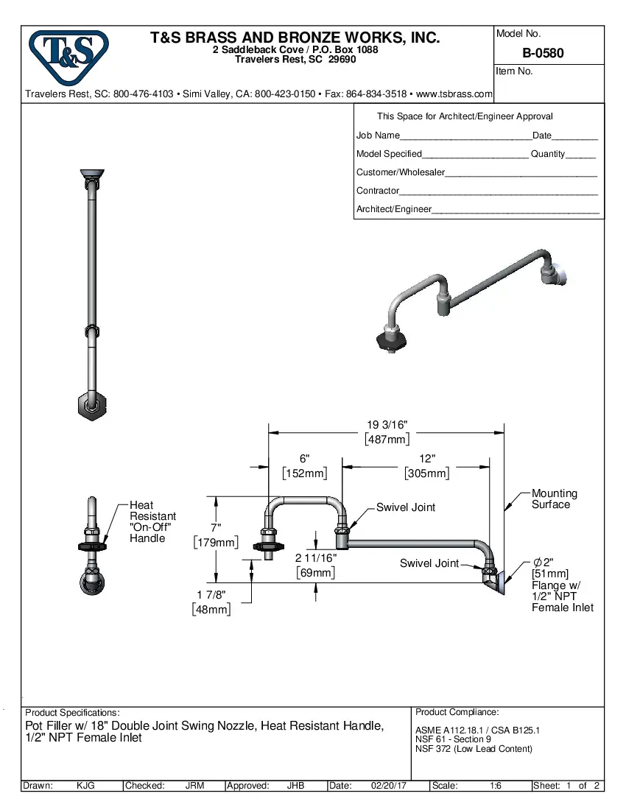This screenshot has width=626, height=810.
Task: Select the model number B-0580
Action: (x=543, y=53)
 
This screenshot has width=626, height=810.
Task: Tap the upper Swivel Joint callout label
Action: (x=405, y=507)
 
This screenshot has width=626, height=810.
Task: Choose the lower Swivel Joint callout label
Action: (x=429, y=563)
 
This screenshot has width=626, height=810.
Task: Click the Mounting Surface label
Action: (x=554, y=499)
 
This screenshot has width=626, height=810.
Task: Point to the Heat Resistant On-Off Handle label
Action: (x=152, y=521)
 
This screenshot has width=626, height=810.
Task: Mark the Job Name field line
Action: (x=464, y=136)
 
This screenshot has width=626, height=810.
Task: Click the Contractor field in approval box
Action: (x=498, y=191)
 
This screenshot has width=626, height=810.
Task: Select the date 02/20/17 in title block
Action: (x=389, y=786)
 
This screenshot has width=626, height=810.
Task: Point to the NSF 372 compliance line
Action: (x=474, y=749)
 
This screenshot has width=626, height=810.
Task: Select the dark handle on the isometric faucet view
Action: (x=389, y=339)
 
